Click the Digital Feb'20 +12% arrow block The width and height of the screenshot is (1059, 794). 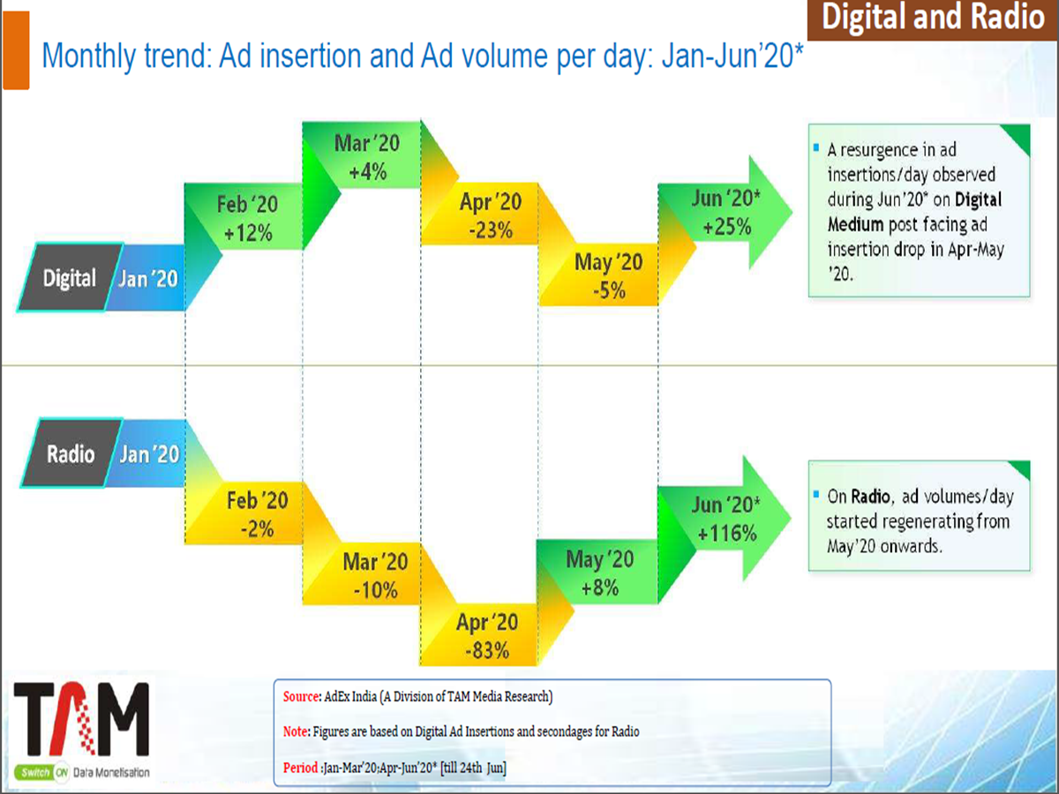245,218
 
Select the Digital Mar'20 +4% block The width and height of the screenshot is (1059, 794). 364,157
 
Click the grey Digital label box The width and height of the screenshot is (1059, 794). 68,279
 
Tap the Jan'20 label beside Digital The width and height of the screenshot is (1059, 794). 147,279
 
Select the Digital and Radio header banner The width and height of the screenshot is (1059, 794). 932,19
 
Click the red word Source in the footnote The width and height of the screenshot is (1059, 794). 300,697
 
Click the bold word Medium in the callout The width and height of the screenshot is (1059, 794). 856,225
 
